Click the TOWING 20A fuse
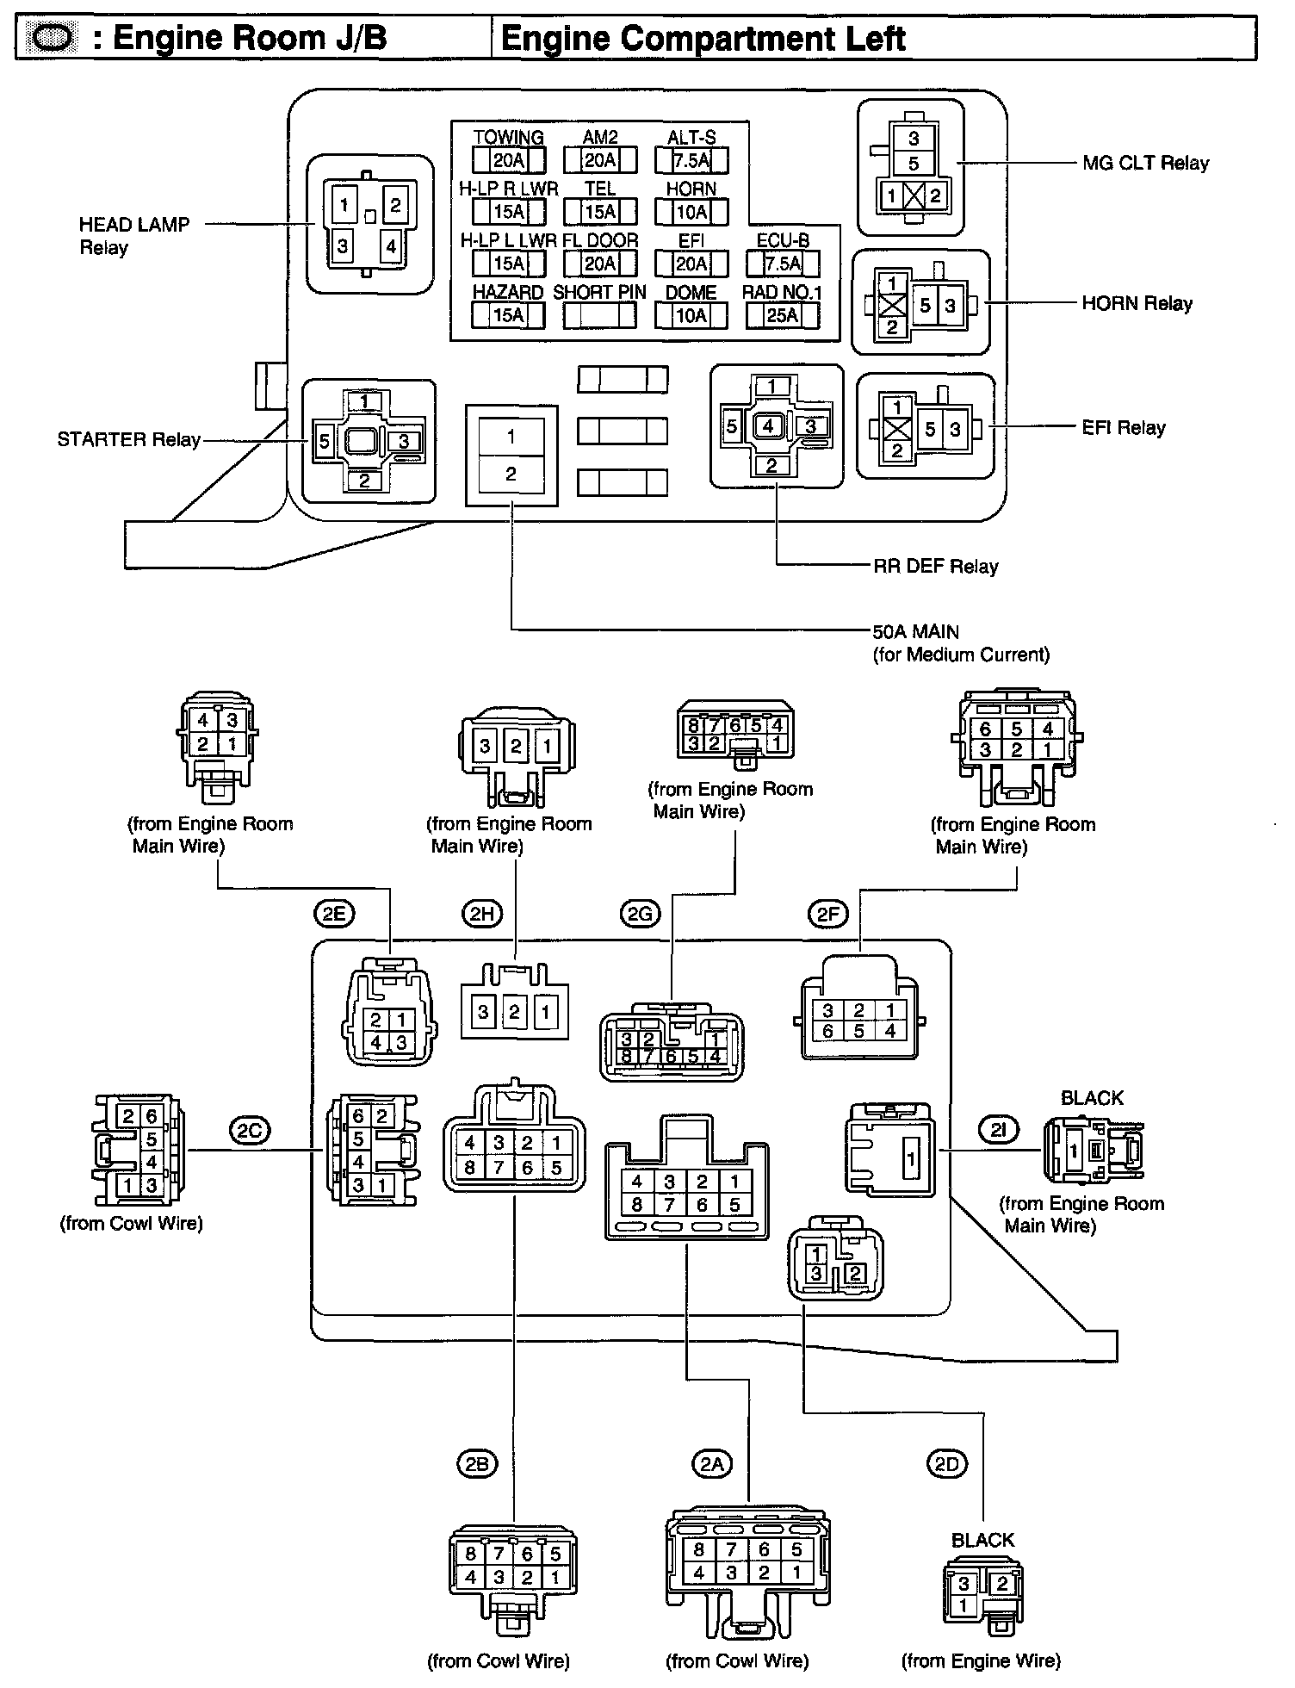point(508,160)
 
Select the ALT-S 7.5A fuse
point(691,160)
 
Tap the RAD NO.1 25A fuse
point(783,315)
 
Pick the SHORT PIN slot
point(599,315)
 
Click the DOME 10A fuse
point(691,315)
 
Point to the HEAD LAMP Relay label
point(134,236)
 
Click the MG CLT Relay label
point(1146,163)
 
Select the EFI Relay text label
point(1124,427)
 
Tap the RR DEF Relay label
point(935,566)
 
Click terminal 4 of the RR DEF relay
point(769,425)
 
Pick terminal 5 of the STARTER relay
point(324,442)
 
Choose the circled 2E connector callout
point(333,912)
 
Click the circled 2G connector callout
point(640,913)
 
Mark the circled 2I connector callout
point(998,1129)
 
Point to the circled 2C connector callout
point(249,1129)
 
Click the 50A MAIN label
point(915,631)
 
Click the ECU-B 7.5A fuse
point(783,264)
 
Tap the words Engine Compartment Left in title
point(703,39)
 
